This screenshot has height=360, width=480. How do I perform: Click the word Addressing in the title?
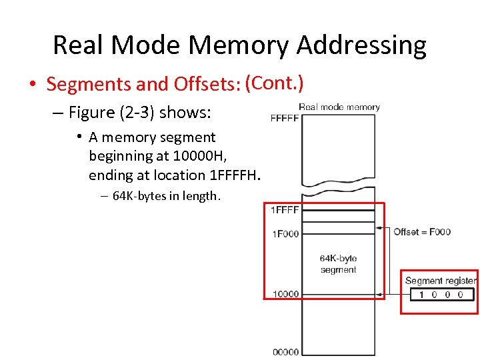coord(361,45)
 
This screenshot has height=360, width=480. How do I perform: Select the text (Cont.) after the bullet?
coord(275,83)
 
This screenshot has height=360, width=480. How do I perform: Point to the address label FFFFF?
coord(285,119)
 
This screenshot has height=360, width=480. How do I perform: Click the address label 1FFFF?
coord(285,210)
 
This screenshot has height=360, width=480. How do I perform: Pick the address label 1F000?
coord(285,233)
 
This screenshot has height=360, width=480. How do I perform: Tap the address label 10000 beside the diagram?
coord(285,294)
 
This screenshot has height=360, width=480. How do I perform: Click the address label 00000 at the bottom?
coord(285,351)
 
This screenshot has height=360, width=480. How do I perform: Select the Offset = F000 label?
coord(422,232)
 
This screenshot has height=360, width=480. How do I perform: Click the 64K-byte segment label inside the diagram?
coord(338,264)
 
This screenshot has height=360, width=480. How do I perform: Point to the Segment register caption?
coord(440,281)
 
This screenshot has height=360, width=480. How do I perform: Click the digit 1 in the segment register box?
coord(421,295)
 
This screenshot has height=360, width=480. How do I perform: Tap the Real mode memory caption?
coord(339,107)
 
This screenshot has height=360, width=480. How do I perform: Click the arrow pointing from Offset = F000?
coord(383,229)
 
